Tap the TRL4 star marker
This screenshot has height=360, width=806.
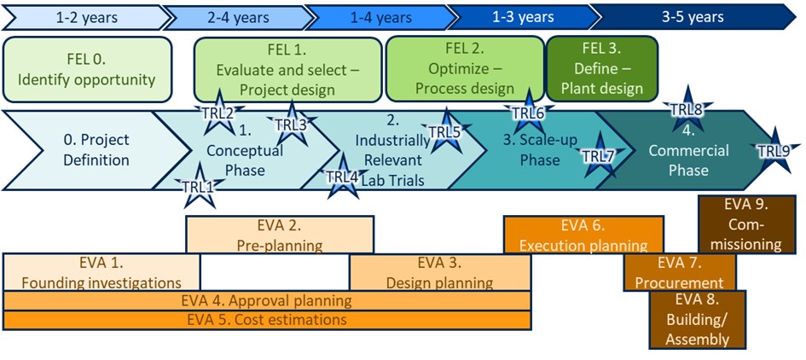(343, 176)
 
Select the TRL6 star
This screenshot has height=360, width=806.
(528, 112)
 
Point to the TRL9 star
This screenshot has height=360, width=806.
(774, 150)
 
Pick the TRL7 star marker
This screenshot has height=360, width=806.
(598, 155)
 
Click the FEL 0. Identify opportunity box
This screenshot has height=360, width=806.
(87, 70)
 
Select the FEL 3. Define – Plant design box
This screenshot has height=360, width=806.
(601, 70)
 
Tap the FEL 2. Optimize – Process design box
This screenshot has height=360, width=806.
(464, 70)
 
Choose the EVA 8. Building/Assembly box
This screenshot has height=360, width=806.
(697, 319)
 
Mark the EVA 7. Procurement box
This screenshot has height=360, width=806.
(679, 272)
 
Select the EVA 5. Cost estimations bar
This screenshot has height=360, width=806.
(266, 320)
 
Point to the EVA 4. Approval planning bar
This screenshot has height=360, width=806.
(266, 300)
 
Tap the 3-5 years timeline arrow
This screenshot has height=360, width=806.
(693, 16)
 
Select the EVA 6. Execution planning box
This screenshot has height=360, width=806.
(583, 235)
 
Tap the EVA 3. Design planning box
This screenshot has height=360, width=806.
(439, 272)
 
